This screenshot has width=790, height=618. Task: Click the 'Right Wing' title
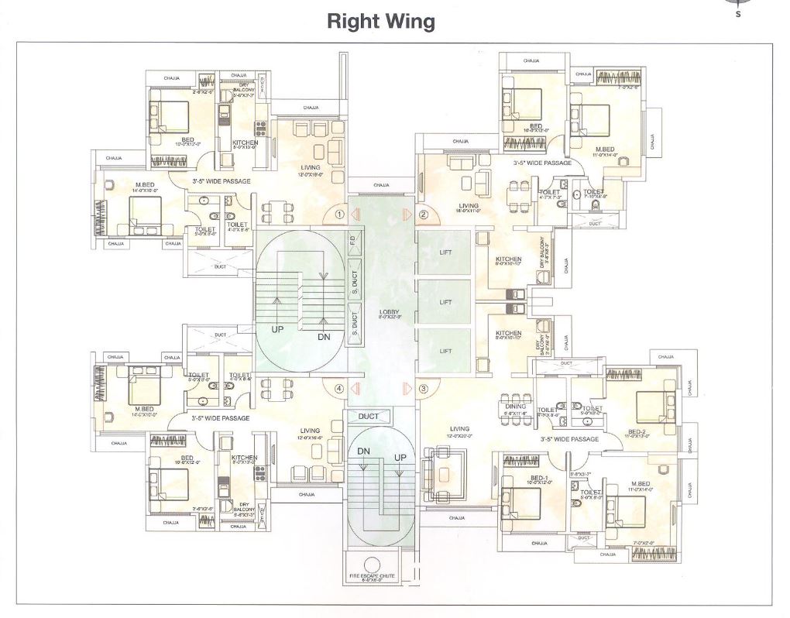(380, 21)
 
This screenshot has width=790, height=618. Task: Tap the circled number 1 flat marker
(338, 215)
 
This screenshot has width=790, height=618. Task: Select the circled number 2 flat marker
(424, 215)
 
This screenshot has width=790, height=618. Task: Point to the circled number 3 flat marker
(424, 389)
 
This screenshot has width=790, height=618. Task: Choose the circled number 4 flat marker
(338, 389)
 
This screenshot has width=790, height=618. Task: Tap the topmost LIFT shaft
(445, 252)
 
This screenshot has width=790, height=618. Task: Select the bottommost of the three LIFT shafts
(445, 351)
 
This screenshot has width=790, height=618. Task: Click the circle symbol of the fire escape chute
(373, 564)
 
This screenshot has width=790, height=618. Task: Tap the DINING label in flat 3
(515, 407)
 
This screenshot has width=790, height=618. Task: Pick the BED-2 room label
(637, 432)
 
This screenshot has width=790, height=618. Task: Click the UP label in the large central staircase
(276, 329)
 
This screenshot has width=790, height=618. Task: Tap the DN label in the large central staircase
(325, 338)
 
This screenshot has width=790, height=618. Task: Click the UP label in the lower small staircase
(400, 458)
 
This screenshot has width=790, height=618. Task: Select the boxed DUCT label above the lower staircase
(369, 417)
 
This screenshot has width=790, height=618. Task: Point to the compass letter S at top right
(737, 13)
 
